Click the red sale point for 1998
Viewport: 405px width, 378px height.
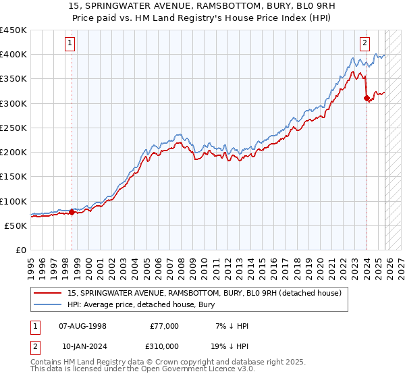[72, 213]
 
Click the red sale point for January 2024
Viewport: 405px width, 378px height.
[367, 99]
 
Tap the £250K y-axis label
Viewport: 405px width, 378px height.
[13, 128]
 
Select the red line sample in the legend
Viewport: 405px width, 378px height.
[49, 293]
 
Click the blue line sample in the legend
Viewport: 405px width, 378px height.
[49, 304]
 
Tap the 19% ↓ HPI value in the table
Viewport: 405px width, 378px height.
[230, 346]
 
